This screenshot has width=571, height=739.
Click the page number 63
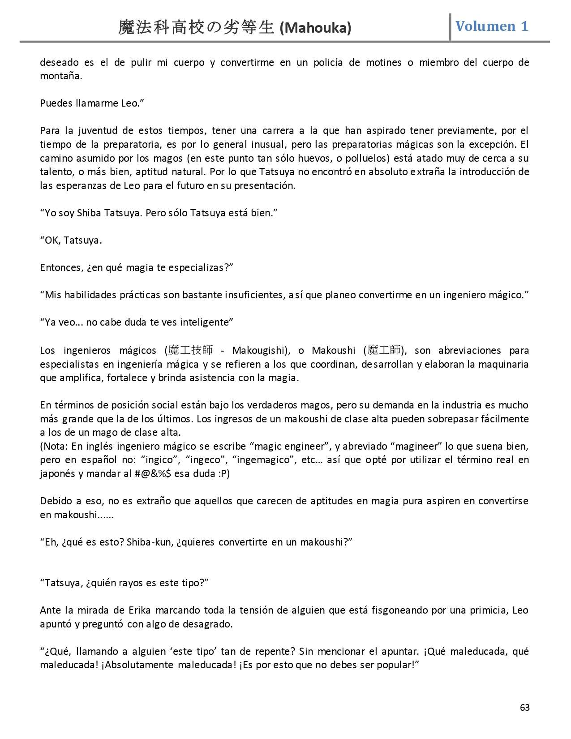pyautogui.click(x=524, y=707)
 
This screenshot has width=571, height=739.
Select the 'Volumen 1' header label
pyautogui.click(x=492, y=26)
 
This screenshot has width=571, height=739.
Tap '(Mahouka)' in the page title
pyautogui.click(x=315, y=28)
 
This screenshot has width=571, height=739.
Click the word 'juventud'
pyautogui.click(x=100, y=131)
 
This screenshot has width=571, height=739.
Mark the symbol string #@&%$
pyautogui.click(x=152, y=473)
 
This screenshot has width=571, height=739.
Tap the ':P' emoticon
pyautogui.click(x=223, y=473)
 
